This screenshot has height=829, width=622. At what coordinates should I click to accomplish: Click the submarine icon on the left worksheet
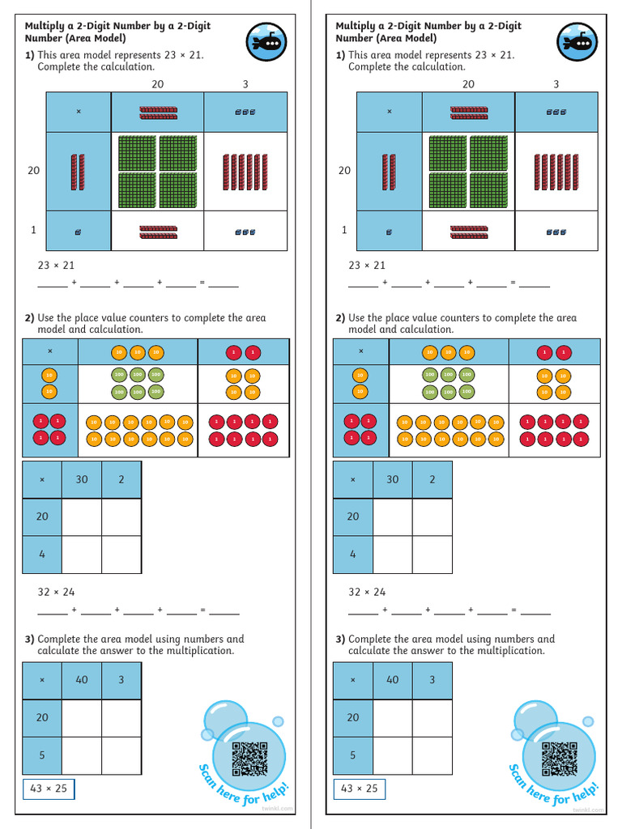tap(266, 42)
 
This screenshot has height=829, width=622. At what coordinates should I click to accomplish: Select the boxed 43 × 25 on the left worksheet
tap(49, 789)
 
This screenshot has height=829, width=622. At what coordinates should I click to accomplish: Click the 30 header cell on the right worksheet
tap(393, 479)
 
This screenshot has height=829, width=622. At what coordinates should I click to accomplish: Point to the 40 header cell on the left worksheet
tap(82, 680)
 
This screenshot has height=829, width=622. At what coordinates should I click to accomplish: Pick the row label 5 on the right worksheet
tap(353, 755)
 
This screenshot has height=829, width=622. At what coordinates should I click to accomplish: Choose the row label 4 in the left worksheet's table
tap(42, 555)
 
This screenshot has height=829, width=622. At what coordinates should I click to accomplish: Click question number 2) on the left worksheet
tap(29, 318)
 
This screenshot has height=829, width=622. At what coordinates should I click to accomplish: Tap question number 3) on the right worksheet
tap(340, 639)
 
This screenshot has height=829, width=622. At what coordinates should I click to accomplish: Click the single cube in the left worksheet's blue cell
tap(78, 232)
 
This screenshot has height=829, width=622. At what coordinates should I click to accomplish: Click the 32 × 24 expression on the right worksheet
tap(367, 592)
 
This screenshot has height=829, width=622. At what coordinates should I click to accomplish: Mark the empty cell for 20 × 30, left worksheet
tap(82, 517)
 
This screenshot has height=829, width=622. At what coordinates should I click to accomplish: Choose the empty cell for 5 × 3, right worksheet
tap(432, 755)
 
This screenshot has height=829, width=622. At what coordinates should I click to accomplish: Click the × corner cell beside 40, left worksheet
tap(42, 680)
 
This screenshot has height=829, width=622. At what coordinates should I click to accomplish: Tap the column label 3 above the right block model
tap(556, 84)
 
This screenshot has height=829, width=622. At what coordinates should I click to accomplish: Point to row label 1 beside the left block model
tap(33, 230)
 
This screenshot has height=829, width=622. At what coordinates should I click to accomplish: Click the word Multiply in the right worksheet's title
tap(357, 26)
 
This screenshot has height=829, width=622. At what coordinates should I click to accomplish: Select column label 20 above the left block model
tap(158, 84)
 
